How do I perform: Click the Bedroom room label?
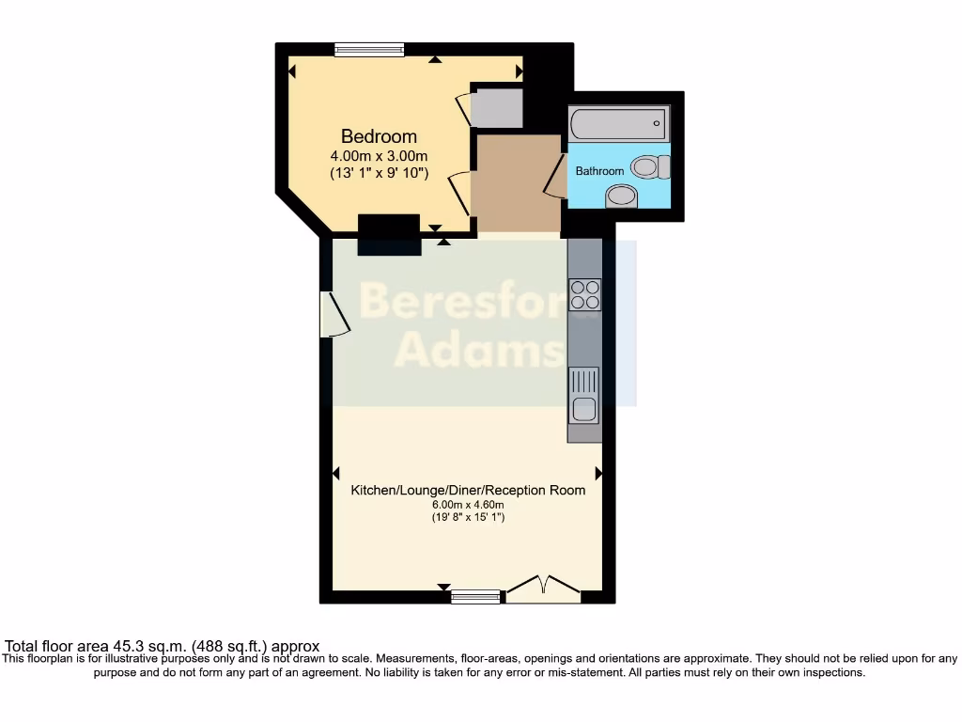[x=379, y=136]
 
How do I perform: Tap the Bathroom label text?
[x=599, y=171]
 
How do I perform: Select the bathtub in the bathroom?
[x=618, y=123]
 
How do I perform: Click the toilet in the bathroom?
[x=649, y=167]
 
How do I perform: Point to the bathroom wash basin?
[x=621, y=196]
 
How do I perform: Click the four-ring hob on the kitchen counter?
[x=584, y=295]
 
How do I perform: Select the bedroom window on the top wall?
[x=369, y=50]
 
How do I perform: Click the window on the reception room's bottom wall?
[x=475, y=596]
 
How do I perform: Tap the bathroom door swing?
[x=553, y=175]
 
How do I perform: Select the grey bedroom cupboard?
[x=497, y=108]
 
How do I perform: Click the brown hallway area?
[x=515, y=182]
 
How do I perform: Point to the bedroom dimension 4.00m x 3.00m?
[x=379, y=156]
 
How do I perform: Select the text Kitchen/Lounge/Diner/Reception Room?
[x=468, y=490]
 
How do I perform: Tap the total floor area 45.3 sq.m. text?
[x=163, y=646]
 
